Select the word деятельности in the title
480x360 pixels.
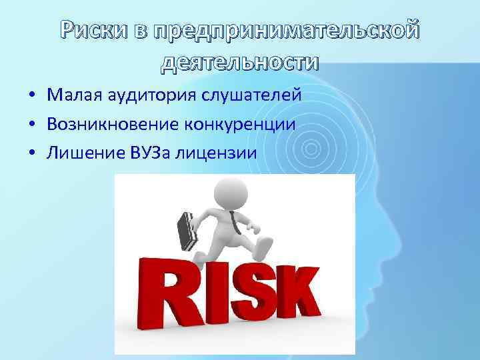pyautogui.click(x=240, y=62)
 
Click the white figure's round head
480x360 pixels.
pyautogui.click(x=230, y=190)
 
